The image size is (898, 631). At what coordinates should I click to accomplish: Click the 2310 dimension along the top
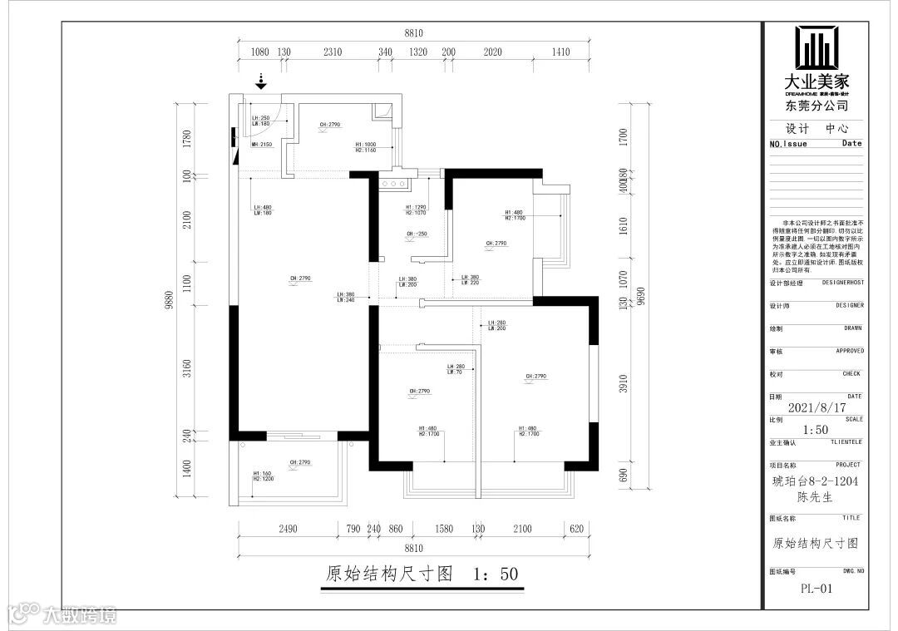coord(333,52)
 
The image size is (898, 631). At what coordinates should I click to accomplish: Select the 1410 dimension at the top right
coord(560,52)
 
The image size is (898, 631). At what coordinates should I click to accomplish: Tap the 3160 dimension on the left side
coord(187,367)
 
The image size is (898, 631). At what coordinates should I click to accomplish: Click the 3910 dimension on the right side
coord(624,384)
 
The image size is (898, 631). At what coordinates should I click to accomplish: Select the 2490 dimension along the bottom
coord(288,528)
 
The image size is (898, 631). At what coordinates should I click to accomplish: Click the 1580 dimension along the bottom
coord(443,528)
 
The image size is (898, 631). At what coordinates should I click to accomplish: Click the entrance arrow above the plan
coord(261,81)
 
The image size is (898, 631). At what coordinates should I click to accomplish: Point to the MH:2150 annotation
coord(262,145)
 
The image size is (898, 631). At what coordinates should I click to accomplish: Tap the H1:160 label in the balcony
coord(261,473)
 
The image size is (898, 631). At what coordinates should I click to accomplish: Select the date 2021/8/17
coord(817,408)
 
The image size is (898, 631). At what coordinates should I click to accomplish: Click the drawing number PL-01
coord(817,588)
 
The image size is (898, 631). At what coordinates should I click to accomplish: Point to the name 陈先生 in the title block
coord(817,497)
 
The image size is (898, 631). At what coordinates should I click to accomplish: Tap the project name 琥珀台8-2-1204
coord(817,481)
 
